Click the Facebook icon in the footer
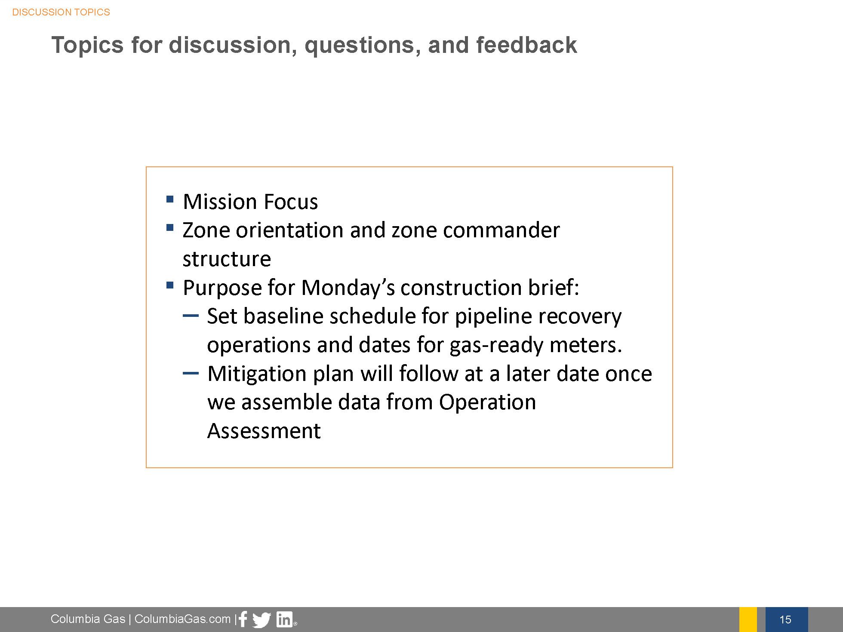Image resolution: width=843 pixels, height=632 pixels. (243, 619)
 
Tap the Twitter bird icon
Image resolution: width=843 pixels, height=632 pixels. (262, 620)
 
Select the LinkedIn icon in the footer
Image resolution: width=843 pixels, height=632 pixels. (284, 620)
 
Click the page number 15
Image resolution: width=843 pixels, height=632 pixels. (785, 620)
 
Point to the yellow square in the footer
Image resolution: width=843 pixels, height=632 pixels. (748, 620)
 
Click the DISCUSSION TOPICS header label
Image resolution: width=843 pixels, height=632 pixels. (61, 12)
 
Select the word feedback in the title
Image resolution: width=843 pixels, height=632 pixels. (526, 45)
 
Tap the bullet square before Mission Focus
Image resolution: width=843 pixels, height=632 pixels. (169, 199)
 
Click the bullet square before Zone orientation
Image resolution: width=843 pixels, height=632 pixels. (169, 227)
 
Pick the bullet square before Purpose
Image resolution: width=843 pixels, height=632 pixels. (169, 285)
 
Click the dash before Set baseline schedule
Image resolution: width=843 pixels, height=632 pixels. (191, 316)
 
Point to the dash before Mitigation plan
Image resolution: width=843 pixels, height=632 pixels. (191, 373)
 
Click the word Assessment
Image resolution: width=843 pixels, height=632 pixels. (264, 431)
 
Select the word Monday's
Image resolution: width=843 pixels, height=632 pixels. (348, 288)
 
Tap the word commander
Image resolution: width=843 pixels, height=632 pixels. (501, 230)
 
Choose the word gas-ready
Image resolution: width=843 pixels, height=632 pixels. (496, 345)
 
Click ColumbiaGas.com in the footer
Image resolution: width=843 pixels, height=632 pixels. (182, 619)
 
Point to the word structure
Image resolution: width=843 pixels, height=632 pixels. (227, 259)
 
